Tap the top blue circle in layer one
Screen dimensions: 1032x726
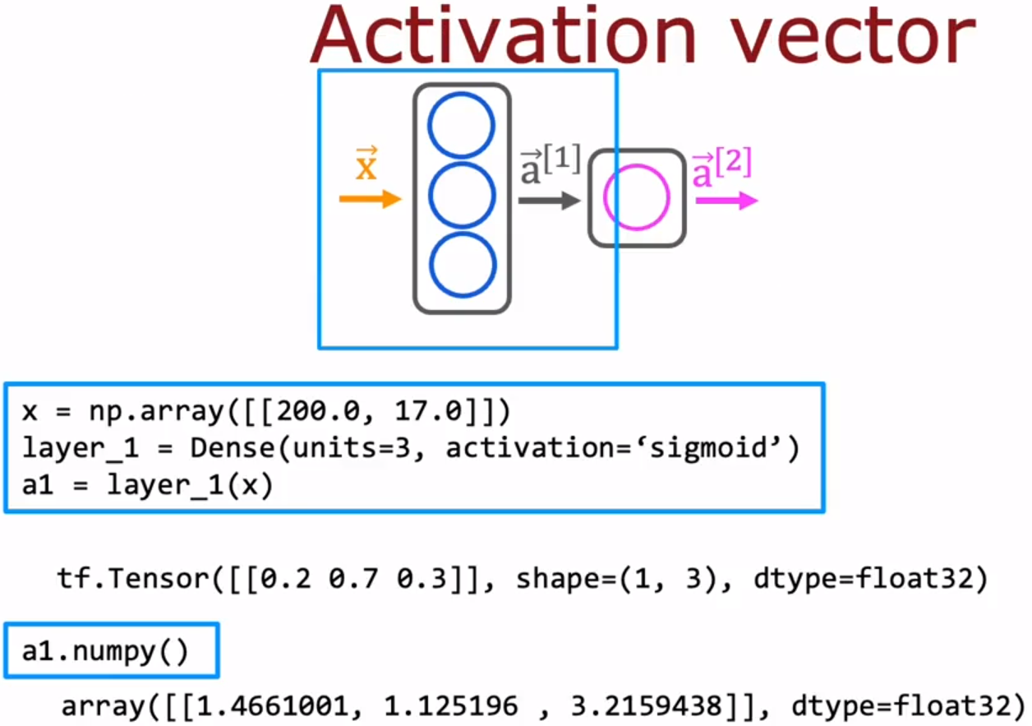462,126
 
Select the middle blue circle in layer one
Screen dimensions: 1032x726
462,197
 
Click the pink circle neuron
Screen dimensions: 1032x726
636,197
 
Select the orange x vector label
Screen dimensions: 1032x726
366,167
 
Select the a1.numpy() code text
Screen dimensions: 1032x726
105,651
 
